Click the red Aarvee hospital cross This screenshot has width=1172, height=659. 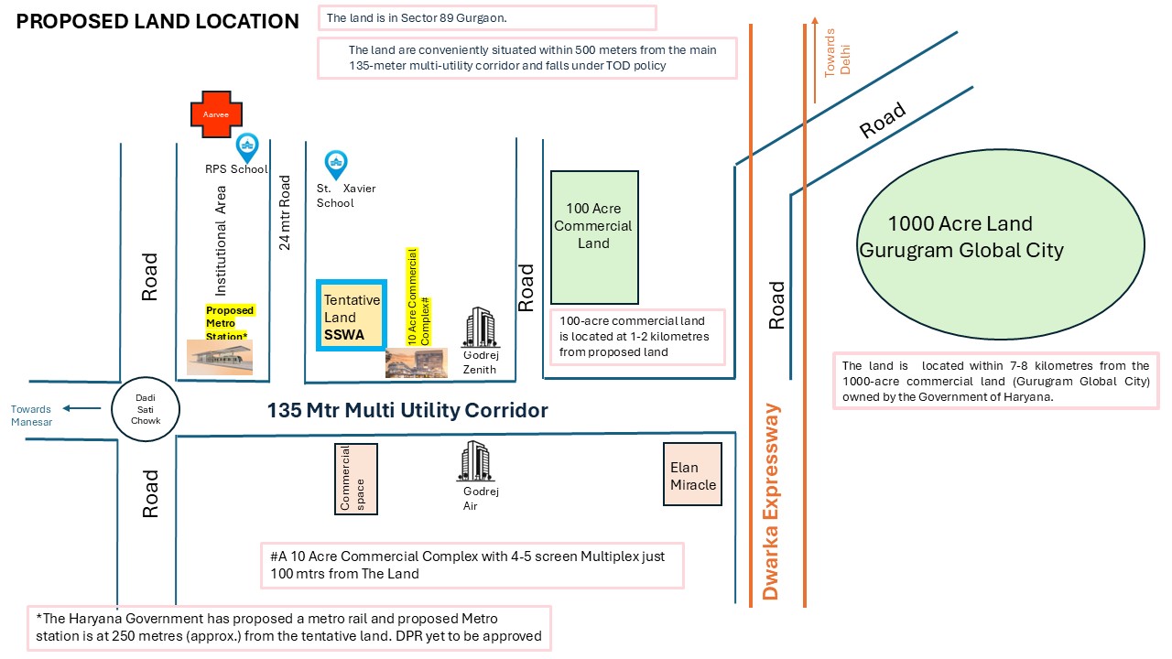click(216, 114)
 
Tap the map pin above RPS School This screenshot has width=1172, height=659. click(247, 148)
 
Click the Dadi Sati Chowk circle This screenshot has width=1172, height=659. click(146, 409)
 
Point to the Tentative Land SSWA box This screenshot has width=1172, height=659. click(352, 316)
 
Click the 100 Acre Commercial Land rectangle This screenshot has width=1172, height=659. click(594, 237)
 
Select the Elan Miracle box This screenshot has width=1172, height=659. click(693, 474)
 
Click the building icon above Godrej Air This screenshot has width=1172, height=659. click(475, 461)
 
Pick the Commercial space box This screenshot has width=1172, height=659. click(356, 479)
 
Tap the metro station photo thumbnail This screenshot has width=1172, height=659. click(220, 357)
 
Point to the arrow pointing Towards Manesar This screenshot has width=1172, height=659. click(82, 408)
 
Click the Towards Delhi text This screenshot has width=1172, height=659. click(837, 53)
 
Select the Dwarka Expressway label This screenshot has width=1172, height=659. click(771, 501)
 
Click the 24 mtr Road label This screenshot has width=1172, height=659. click(284, 212)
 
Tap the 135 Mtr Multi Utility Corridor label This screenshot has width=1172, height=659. click(407, 411)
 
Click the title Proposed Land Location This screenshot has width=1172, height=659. click(157, 21)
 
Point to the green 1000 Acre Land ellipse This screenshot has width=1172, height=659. click(1001, 244)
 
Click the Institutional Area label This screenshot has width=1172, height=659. click(221, 241)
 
